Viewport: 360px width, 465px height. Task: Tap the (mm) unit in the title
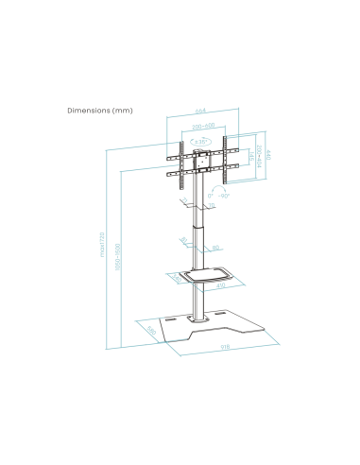pyautogui.click(x=123, y=111)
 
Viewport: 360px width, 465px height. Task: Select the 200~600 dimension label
pyautogui.click(x=200, y=126)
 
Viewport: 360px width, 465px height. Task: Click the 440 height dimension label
pyautogui.click(x=268, y=156)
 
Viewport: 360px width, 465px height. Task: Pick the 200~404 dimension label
pyautogui.click(x=256, y=155)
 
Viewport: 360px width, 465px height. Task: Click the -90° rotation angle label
pyautogui.click(x=222, y=195)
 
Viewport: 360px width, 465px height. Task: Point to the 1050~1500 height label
pyautogui.click(x=117, y=266)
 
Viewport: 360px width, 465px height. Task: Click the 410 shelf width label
pyautogui.click(x=220, y=284)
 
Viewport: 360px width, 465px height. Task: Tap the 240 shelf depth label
pyautogui.click(x=173, y=278)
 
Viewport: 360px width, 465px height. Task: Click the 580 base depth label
pyautogui.click(x=150, y=331)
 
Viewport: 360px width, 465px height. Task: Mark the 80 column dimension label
pyautogui.click(x=216, y=249)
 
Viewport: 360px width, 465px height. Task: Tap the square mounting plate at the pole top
pyautogui.click(x=199, y=158)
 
